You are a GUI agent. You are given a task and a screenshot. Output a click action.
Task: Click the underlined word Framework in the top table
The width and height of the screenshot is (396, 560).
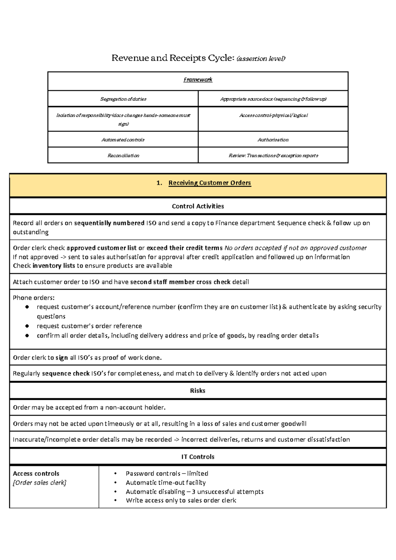coord(198,80)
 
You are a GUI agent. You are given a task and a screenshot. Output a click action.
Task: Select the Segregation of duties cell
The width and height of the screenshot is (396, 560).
coord(123,99)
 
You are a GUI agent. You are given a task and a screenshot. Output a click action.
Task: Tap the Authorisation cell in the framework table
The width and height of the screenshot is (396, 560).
coord(273,140)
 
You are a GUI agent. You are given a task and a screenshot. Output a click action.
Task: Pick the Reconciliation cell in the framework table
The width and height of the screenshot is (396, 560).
coord(123,156)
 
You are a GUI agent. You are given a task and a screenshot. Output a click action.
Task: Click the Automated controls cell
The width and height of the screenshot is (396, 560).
coord(123,140)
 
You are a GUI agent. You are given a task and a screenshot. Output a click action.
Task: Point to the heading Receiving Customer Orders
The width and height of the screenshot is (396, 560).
coord(210,183)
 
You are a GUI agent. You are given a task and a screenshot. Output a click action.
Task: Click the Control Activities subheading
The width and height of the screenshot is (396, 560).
coord(198,206)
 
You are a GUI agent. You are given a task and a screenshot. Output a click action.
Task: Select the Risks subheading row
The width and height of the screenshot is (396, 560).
coord(198,391)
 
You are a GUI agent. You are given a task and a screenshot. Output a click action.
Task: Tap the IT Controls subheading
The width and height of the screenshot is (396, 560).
coord(198,457)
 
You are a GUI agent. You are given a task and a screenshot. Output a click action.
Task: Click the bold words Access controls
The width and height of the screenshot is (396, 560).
coord(36,473)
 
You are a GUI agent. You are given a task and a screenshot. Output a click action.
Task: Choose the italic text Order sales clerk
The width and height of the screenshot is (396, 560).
coord(40,483)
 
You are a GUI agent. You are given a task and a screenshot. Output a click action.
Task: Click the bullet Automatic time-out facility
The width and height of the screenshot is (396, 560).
coord(166,483)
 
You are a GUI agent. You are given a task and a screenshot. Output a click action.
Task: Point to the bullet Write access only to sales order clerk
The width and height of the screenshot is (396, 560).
coord(181,501)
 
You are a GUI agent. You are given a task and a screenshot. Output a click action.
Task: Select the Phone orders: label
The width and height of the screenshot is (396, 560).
coord(34,298)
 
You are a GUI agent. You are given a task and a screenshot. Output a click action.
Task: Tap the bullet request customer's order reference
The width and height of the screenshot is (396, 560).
coord(89,326)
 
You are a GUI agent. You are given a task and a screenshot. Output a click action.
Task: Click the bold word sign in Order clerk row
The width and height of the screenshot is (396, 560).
coord(62,358)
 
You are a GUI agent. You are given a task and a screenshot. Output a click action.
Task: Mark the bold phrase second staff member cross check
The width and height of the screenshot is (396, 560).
coord(180,282)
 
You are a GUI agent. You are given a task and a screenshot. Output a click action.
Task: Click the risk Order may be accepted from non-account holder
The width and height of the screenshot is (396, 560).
coord(89,407)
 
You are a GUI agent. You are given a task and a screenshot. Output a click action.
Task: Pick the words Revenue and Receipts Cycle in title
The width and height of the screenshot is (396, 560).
coord(173,58)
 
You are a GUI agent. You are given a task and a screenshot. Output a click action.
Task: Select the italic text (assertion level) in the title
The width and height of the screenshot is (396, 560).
coord(261,59)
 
